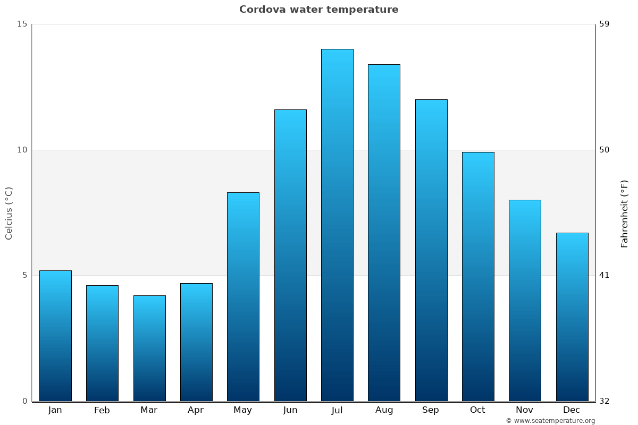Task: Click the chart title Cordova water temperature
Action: pyautogui.click(x=318, y=10)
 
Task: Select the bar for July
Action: pyautogui.click(x=337, y=225)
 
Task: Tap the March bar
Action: pyautogui.click(x=149, y=348)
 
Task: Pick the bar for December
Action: pyautogui.click(x=572, y=317)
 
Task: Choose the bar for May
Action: pyautogui.click(x=243, y=296)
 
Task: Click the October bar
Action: pyautogui.click(x=478, y=276)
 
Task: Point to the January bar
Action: pyautogui.click(x=55, y=336)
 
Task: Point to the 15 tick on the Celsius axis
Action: pyautogui.click(x=22, y=24)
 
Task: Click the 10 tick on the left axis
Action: pyautogui.click(x=22, y=150)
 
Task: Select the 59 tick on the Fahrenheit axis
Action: pyautogui.click(x=605, y=24)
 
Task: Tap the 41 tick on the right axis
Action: pyautogui.click(x=605, y=275)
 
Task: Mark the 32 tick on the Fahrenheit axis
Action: pyautogui.click(x=605, y=401)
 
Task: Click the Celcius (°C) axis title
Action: pyautogui.click(x=9, y=213)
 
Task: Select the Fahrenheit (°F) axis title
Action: pyautogui.click(x=625, y=213)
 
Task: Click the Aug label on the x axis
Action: pyautogui.click(x=384, y=410)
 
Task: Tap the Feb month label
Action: pyautogui.click(x=102, y=410)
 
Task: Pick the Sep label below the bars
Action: pyautogui.click(x=431, y=410)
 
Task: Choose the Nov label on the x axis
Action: pyautogui.click(x=525, y=410)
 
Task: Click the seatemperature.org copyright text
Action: pyautogui.click(x=550, y=421)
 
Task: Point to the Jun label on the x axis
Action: pyautogui.click(x=290, y=410)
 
